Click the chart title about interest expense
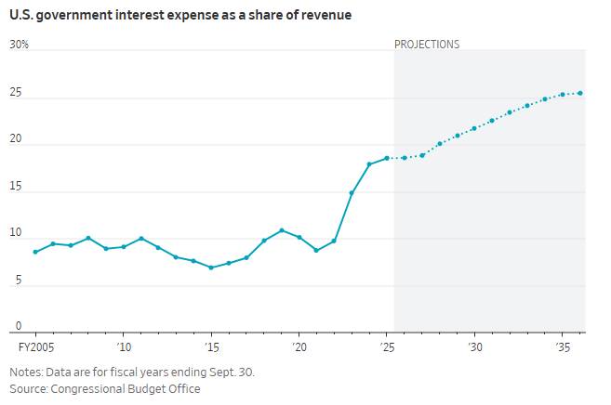[180, 16]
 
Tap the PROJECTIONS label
[427, 45]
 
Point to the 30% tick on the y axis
[19, 45]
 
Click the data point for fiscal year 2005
[35, 252]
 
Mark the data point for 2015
[211, 268]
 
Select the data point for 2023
[352, 193]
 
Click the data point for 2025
[387, 158]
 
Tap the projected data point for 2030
[474, 128]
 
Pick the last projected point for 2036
[580, 93]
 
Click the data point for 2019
[282, 230]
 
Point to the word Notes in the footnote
[25, 372]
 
